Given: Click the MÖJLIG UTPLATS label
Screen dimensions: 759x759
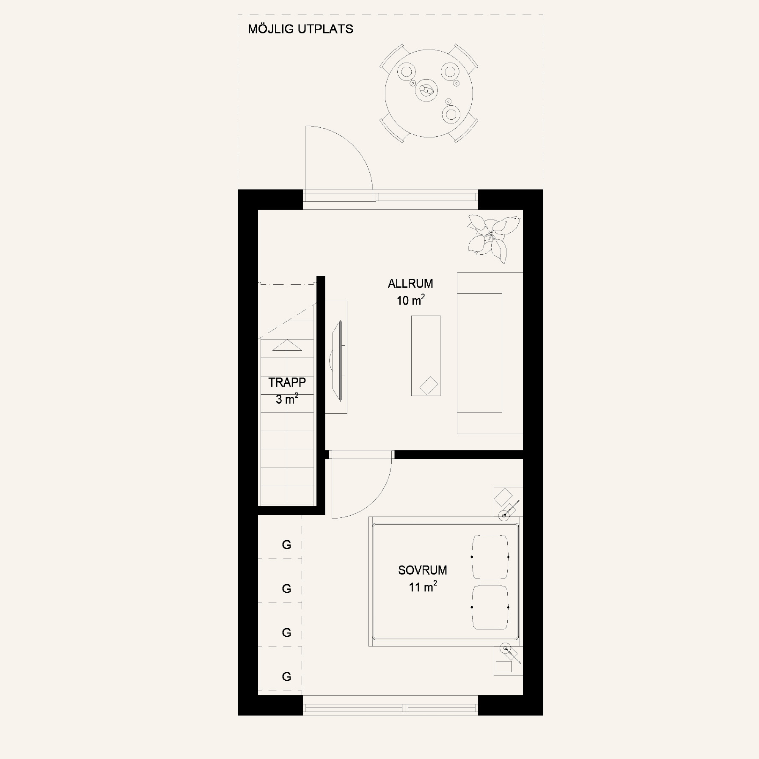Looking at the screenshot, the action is coord(300,29).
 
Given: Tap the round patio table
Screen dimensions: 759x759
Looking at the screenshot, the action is coord(429,93).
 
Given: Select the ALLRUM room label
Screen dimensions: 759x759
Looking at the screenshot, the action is coord(410,283).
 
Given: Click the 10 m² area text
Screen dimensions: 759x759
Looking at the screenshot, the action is coord(410,300).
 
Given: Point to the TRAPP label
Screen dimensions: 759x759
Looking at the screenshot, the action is coord(287,382).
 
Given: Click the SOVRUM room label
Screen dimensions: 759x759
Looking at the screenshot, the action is coord(422,570).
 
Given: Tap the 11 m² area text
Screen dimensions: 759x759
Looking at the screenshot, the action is coord(422,587).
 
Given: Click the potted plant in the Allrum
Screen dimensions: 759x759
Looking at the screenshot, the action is coord(493,239).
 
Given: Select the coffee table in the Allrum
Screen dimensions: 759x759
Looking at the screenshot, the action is coord(426,356).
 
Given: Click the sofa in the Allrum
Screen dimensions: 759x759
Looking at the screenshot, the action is coord(490,353).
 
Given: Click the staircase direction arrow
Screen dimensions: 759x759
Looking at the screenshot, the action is coord(287,345).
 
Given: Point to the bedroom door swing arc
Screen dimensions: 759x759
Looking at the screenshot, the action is coord(377,500).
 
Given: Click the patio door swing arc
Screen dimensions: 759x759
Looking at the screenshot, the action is coord(354,144).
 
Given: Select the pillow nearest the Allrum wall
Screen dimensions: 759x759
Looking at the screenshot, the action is coord(490,557).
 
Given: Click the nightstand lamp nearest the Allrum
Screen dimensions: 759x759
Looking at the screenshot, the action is coord(504,515).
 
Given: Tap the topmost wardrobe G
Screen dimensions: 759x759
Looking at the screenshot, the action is coord(286,545).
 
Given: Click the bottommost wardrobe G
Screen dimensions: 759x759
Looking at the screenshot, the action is coord(286,677).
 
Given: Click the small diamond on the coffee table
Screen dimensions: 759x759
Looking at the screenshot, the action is coord(429,386).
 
